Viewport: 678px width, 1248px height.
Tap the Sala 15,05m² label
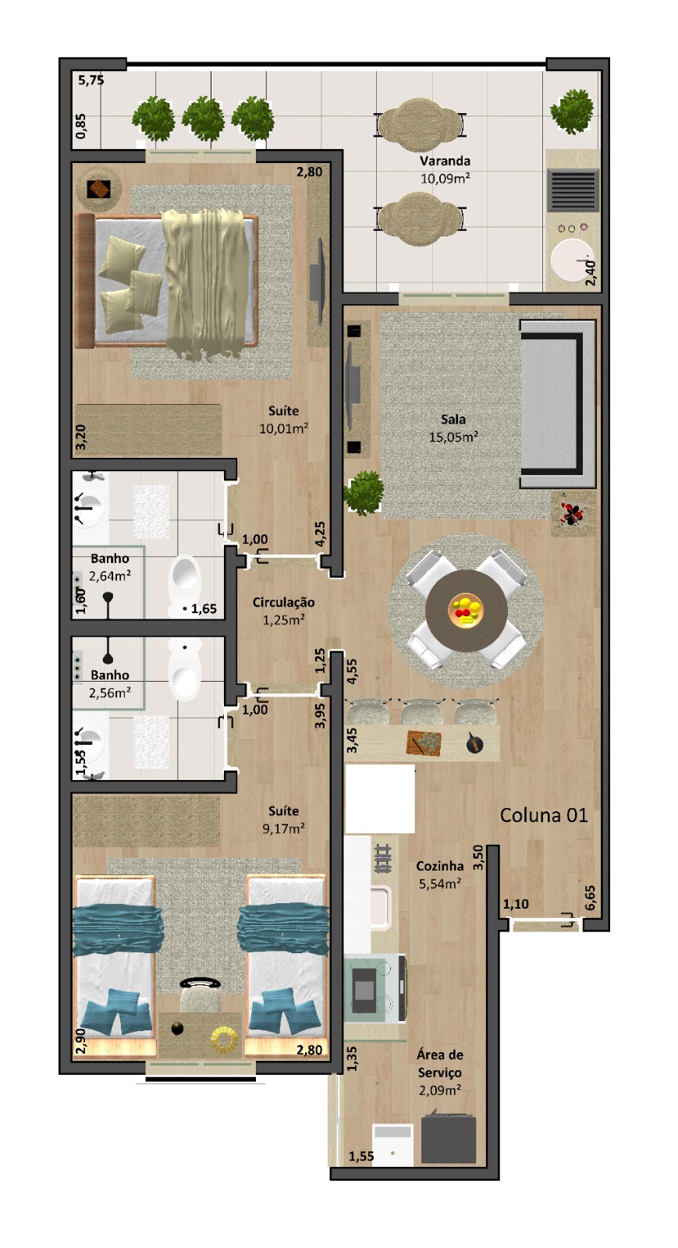[x=453, y=428]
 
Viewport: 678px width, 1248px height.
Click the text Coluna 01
[x=544, y=815]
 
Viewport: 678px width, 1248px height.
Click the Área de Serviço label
[x=439, y=1072]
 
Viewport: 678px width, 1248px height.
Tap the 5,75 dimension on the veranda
[x=91, y=80]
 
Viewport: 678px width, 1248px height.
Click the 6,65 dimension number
[x=589, y=898]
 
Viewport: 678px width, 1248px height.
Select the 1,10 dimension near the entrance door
[x=516, y=904]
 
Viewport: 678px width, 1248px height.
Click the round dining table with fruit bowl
[x=467, y=610]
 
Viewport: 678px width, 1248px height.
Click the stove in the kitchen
[x=374, y=988]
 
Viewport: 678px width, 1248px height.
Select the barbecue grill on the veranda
[x=572, y=190]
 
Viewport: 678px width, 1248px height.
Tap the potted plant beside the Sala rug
[x=364, y=492]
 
